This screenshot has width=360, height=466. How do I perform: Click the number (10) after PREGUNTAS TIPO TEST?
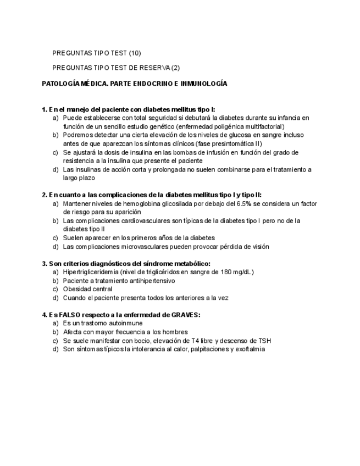click(x=135, y=53)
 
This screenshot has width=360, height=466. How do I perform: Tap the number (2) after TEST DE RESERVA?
click(x=175, y=68)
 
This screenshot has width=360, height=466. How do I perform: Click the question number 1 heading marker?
click(x=45, y=109)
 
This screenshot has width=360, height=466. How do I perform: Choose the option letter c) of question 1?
click(x=55, y=152)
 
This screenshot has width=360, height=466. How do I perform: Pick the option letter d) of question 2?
click(x=55, y=247)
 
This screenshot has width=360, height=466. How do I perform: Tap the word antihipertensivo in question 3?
click(x=149, y=281)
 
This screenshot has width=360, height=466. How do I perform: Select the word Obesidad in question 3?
click(x=75, y=289)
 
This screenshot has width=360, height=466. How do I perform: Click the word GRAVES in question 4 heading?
click(x=186, y=315)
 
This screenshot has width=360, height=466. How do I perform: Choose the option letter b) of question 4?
click(x=55, y=332)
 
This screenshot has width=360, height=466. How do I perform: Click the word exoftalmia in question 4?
click(x=248, y=349)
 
